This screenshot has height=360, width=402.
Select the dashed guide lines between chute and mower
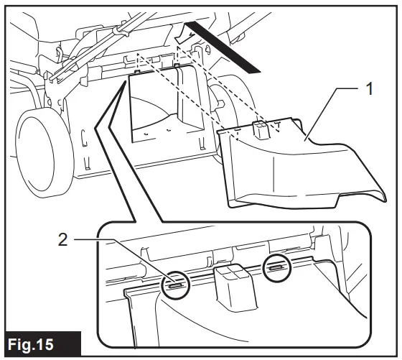click(215, 86)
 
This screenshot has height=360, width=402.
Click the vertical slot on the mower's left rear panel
click(85, 137)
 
